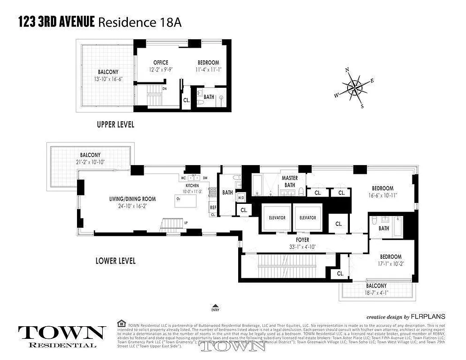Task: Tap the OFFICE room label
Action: (x=160, y=63)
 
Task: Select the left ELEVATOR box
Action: (x=277, y=217)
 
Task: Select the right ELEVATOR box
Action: (x=308, y=217)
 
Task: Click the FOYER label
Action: (x=302, y=240)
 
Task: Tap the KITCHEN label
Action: (x=192, y=185)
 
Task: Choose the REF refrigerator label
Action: (x=213, y=207)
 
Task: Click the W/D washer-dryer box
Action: (x=240, y=198)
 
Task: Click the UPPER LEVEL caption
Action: (x=116, y=125)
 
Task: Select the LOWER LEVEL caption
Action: (x=116, y=261)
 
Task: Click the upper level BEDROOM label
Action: (x=208, y=63)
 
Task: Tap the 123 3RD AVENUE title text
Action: (x=57, y=22)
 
